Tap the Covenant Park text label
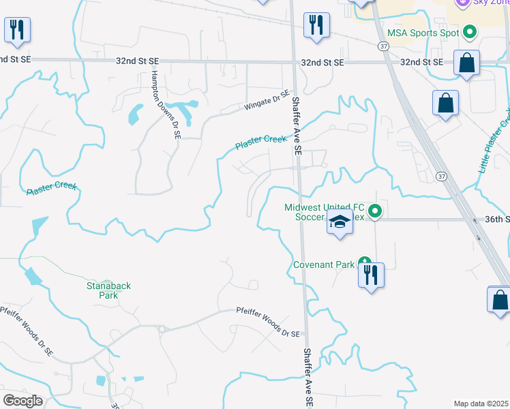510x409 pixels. click(x=325, y=264)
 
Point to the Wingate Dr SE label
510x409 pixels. click(x=267, y=102)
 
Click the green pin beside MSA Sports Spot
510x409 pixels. click(x=469, y=31)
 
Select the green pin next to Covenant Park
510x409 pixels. click(x=365, y=262)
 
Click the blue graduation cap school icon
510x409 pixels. click(x=339, y=222)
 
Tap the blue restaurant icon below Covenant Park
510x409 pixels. click(x=371, y=275)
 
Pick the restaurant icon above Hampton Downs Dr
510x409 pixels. click(x=16, y=29)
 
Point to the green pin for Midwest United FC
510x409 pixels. click(x=375, y=213)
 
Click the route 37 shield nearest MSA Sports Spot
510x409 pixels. click(x=384, y=46)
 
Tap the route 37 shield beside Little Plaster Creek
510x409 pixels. click(x=442, y=176)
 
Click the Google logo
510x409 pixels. click(x=22, y=401)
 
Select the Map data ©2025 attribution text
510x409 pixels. click(x=481, y=404)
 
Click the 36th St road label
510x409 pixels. click(x=497, y=219)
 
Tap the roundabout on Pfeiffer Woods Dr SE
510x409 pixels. click(x=163, y=329)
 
